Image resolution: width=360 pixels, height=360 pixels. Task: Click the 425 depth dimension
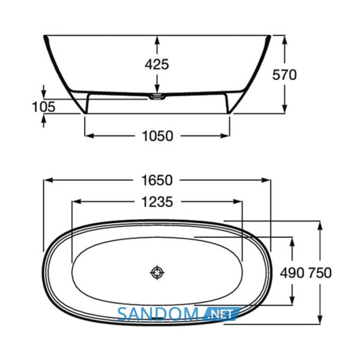click(x=157, y=64)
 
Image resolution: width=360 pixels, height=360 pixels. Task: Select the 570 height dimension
click(x=284, y=75)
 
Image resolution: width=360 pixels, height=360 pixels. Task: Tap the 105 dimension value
click(x=44, y=107)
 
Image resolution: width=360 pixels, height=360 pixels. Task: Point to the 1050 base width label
click(x=157, y=136)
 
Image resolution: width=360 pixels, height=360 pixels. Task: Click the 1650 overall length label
click(x=157, y=180)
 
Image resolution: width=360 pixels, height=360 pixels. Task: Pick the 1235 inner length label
click(x=157, y=202)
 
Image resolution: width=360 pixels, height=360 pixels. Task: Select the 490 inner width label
click(x=292, y=273)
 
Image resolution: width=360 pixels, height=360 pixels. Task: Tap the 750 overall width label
click(x=319, y=273)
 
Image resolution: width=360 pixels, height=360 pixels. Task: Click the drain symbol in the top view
click(x=157, y=273)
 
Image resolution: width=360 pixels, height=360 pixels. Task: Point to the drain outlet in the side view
click(x=157, y=97)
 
